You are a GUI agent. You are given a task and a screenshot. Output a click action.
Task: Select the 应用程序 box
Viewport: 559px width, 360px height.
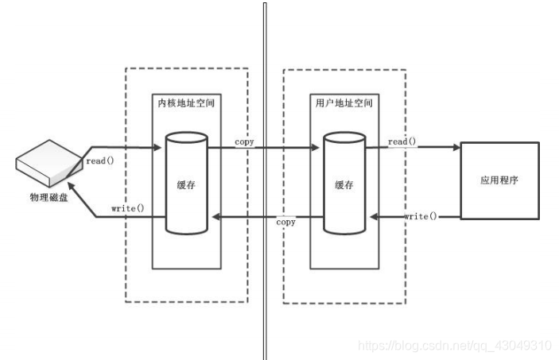[500, 180]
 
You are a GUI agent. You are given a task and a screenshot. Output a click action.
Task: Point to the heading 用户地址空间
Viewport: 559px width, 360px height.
[344, 103]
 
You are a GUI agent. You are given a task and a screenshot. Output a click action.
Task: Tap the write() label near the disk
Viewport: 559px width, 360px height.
[128, 208]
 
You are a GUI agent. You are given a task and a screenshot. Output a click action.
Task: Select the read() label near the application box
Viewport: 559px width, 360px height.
[402, 141]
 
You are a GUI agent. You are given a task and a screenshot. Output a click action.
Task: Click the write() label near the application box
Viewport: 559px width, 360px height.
[421, 216]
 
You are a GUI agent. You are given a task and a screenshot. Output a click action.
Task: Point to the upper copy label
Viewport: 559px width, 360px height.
[244, 141]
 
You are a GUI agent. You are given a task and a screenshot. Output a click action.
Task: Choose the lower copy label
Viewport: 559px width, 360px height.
[285, 223]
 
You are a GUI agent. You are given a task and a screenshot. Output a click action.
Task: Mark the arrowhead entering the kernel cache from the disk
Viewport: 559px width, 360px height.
[159, 148]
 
